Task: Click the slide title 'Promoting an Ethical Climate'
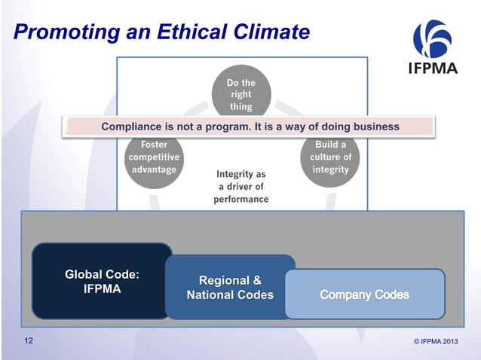pos(162,32)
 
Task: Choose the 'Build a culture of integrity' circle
pos(330,156)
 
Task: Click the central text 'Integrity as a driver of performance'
pos(240,187)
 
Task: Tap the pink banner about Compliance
pos(250,127)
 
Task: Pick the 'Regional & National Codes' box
pos(229,287)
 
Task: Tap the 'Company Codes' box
pos(364,294)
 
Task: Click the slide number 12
pos(28,341)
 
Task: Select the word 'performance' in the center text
pos(240,200)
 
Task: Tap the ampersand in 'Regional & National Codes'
pos(255,280)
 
